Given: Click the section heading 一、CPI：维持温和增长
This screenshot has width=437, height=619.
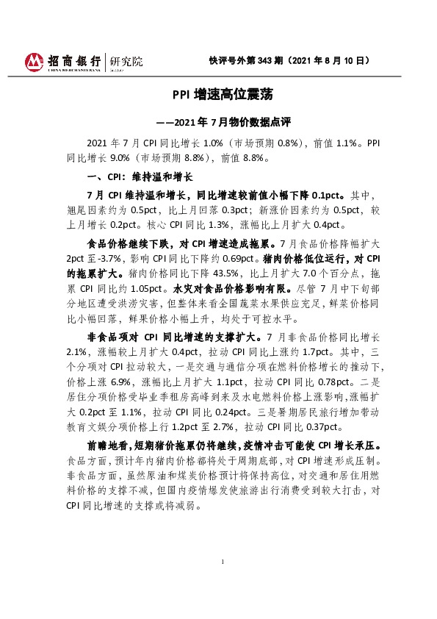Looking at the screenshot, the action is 140,177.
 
